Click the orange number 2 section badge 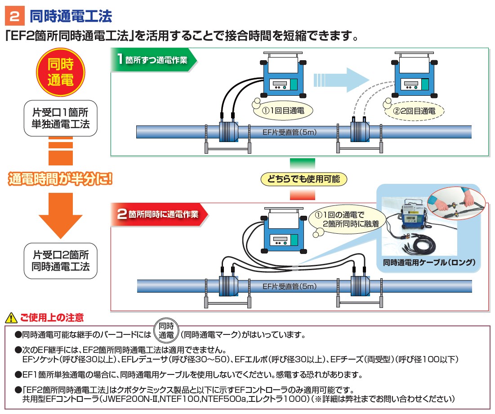[x=15, y=17]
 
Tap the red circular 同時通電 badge [x=61, y=71]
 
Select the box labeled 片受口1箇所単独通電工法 [x=61, y=118]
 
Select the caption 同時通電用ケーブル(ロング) [x=429, y=262]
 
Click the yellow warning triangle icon [x=9, y=318]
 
